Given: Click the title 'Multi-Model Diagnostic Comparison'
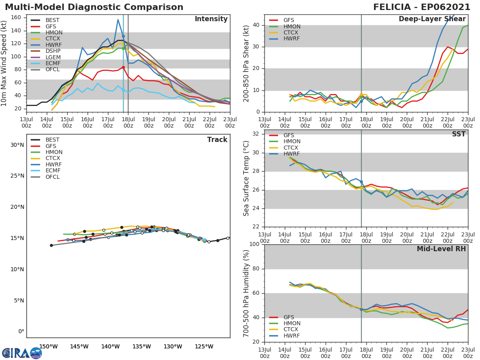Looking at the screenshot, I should click(x=94, y=7).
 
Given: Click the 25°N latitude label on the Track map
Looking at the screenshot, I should click(x=17, y=176).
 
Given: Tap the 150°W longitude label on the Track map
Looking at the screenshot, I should click(x=48, y=346).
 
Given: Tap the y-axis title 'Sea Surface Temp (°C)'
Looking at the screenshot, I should click(x=246, y=178).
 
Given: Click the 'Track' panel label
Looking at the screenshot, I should click(x=217, y=140).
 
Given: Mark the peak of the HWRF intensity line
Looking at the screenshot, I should click(x=118, y=19).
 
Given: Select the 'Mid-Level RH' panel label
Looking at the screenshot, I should click(x=441, y=249).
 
